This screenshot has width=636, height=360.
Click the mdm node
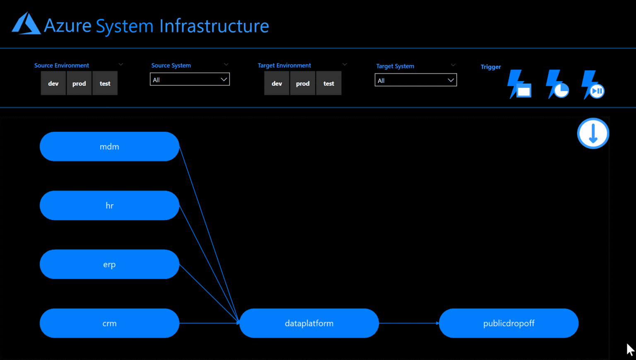click(x=109, y=147)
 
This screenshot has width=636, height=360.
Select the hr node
click(x=109, y=205)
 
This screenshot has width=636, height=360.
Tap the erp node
click(x=109, y=264)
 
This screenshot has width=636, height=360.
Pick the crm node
click(x=109, y=323)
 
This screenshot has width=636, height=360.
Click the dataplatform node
click(x=309, y=323)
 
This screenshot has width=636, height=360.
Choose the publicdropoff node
click(x=508, y=323)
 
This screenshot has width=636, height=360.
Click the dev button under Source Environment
click(x=53, y=83)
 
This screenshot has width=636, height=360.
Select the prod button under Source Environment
click(x=79, y=83)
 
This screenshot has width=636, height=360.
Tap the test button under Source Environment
click(x=105, y=83)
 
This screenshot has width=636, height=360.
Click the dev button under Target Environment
click(x=277, y=83)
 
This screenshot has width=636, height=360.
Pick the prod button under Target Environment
click(x=303, y=83)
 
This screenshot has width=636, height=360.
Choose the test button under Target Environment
click(x=329, y=83)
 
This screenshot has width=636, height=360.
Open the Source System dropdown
click(x=190, y=80)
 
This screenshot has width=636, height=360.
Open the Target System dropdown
click(x=416, y=80)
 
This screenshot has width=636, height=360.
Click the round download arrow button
click(x=593, y=133)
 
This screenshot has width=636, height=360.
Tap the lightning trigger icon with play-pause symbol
click(x=593, y=85)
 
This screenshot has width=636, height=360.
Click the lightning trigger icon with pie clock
click(x=557, y=85)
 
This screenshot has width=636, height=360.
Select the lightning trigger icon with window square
click(x=519, y=85)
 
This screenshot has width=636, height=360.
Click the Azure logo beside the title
click(x=26, y=24)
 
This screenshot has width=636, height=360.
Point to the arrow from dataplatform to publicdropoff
click(x=409, y=323)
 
